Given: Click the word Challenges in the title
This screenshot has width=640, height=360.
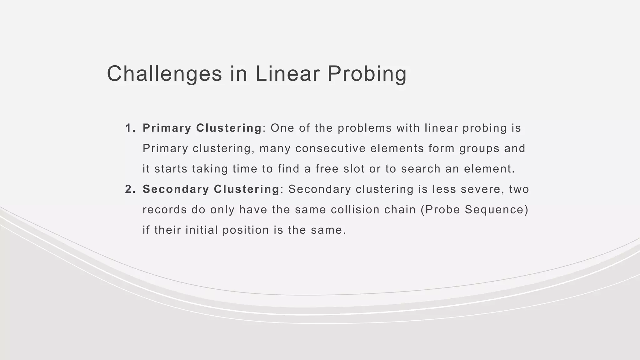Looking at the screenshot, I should coord(164,74).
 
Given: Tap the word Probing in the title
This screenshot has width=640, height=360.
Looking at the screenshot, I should coord(367,74).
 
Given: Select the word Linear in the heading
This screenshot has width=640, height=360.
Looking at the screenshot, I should coord(287,74).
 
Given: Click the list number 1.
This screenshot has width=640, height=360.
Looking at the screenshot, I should coord(129,128).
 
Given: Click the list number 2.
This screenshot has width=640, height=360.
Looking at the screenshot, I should coord(129,189).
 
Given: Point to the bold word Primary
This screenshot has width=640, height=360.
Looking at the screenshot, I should coord(167,128).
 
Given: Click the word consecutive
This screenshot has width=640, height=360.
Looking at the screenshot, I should coord(330,148).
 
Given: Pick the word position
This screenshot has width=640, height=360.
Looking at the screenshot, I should coord(246,230).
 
